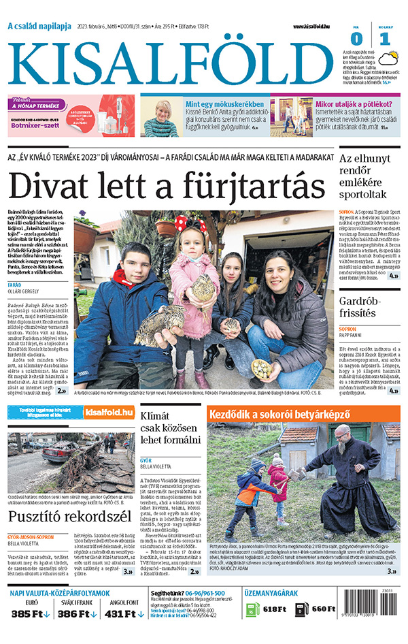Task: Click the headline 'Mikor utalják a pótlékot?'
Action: click(354, 104)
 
